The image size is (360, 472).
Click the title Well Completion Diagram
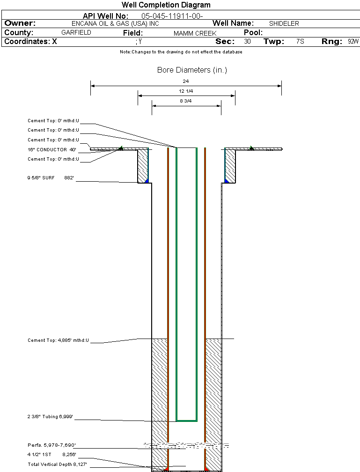(166, 5)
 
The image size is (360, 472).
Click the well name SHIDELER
(284, 23)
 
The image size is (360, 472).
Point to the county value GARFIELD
(76, 33)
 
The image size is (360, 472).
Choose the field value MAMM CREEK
(195, 33)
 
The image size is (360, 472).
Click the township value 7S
(300, 42)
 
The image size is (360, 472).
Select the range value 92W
(353, 42)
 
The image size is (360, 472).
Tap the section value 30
(247, 42)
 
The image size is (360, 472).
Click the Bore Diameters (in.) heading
(192, 70)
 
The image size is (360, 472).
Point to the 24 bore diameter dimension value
(186, 81)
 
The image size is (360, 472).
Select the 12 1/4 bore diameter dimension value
(186, 91)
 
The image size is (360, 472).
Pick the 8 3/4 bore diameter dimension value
(186, 101)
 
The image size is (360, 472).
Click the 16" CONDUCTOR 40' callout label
(52, 150)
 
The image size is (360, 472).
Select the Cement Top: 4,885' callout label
(58, 340)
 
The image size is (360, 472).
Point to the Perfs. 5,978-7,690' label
(51, 445)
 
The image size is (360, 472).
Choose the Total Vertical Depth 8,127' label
(58, 464)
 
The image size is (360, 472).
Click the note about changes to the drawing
(181, 52)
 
